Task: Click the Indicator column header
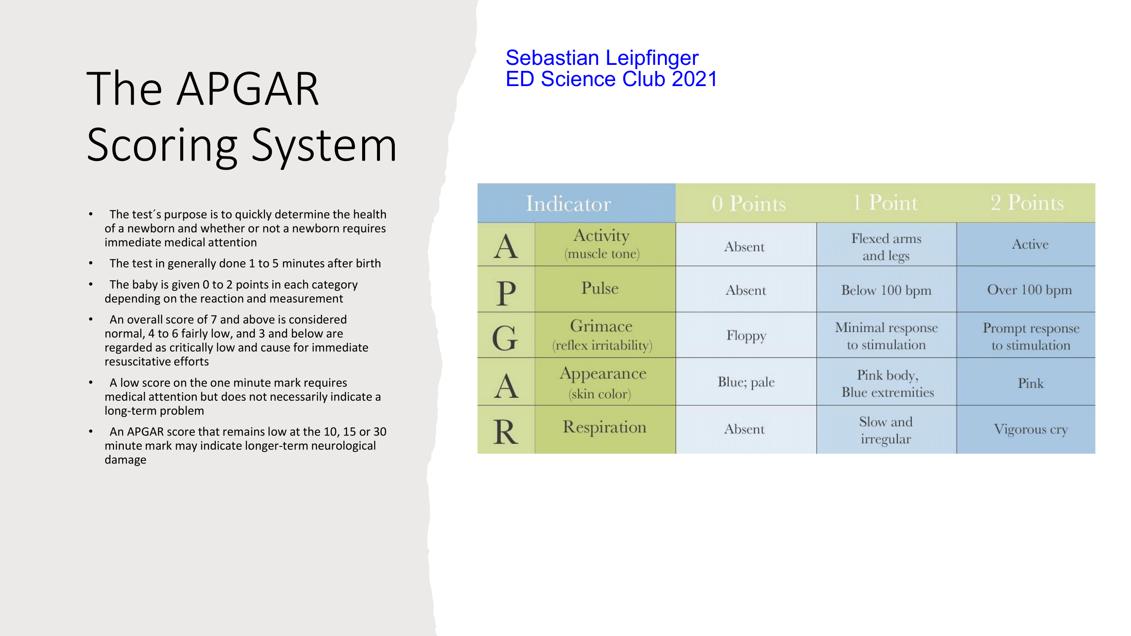coord(569,204)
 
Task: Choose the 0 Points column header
coord(748,204)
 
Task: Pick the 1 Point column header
coord(885,203)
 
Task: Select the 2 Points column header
coord(1027,203)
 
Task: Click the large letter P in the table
coord(506,293)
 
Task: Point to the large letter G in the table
coord(505,338)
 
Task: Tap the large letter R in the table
coord(506,432)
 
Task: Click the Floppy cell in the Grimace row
coord(746,336)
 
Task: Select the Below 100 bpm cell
coord(886,290)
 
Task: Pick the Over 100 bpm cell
coord(1030,290)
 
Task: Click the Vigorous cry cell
coord(1030,429)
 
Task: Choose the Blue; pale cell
coord(746,382)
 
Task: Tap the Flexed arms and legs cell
coord(886,247)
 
